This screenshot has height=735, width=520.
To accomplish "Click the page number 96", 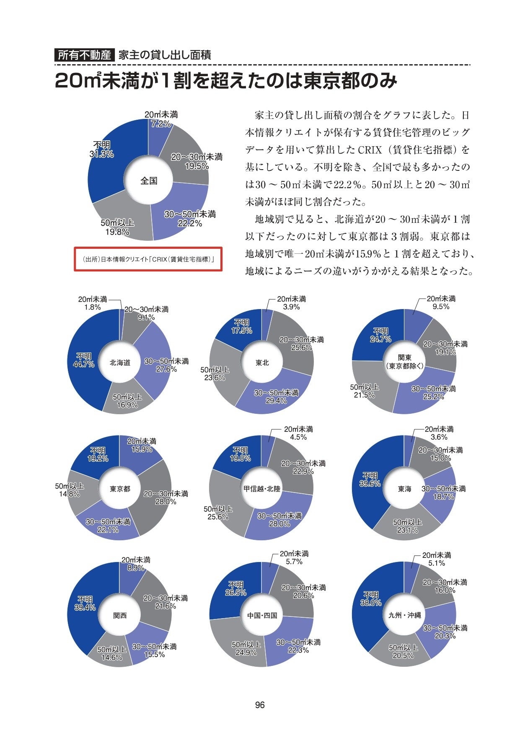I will [260, 705].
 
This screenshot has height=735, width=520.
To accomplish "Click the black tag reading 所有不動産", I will [84, 55].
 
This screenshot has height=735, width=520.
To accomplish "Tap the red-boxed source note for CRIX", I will [148, 259].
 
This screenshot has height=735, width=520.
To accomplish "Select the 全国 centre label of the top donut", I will [149, 181].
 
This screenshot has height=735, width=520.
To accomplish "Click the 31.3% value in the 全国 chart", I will [102, 154].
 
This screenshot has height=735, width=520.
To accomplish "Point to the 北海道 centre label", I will [120, 363].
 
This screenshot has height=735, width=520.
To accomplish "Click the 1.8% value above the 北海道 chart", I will [92, 307].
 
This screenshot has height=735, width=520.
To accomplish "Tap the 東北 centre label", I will [262, 363].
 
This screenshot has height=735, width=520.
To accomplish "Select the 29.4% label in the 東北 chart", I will [276, 401].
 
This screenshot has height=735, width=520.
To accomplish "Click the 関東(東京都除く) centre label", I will [404, 361].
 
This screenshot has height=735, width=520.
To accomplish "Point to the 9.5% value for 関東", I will [441, 307].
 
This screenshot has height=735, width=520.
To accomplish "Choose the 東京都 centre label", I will [120, 489].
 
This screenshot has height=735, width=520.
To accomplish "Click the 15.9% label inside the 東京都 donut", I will [142, 449].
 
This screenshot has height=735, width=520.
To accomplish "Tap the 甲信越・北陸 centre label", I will [262, 489].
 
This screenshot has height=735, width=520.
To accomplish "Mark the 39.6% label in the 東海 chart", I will [370, 484].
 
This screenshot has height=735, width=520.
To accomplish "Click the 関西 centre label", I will [120, 615].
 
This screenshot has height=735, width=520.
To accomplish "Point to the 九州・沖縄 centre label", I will [404, 615].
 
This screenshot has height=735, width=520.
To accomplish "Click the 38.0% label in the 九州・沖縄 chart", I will [371, 603].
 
